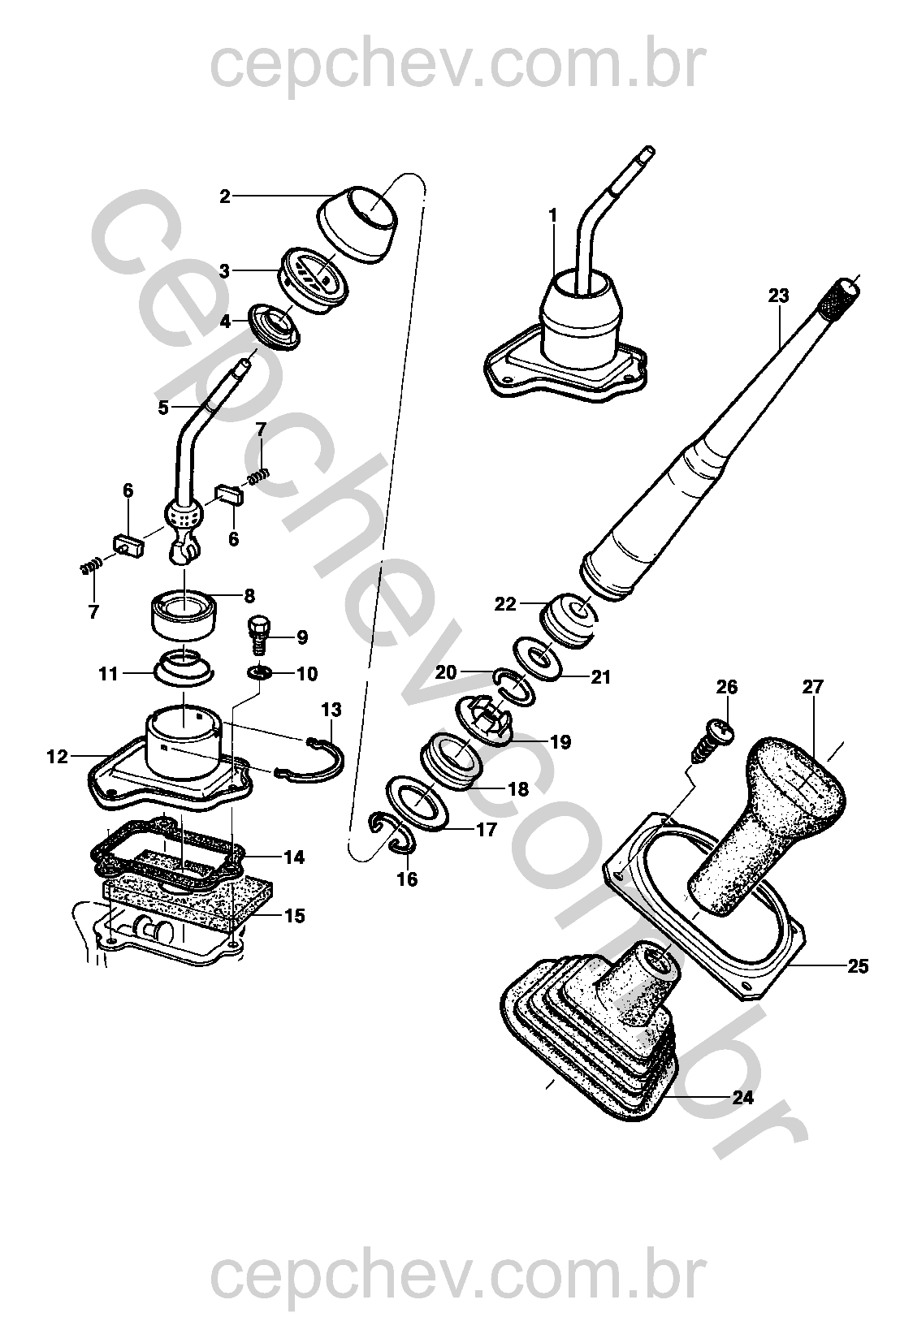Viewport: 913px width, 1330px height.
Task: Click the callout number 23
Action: coord(778,296)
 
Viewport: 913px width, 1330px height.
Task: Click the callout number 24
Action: coord(742,1098)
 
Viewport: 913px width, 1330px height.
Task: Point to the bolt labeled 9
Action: coord(257,633)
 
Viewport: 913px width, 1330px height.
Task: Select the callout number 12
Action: coord(56,758)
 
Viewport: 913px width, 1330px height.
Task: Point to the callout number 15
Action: coord(294,916)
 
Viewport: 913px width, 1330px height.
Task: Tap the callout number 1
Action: coord(553,216)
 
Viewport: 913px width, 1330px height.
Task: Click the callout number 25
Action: coord(857,966)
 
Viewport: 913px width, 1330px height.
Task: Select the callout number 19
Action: coord(560,741)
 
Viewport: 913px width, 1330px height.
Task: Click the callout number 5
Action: coord(164,408)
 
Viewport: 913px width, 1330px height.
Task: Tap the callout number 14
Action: coord(294,857)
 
